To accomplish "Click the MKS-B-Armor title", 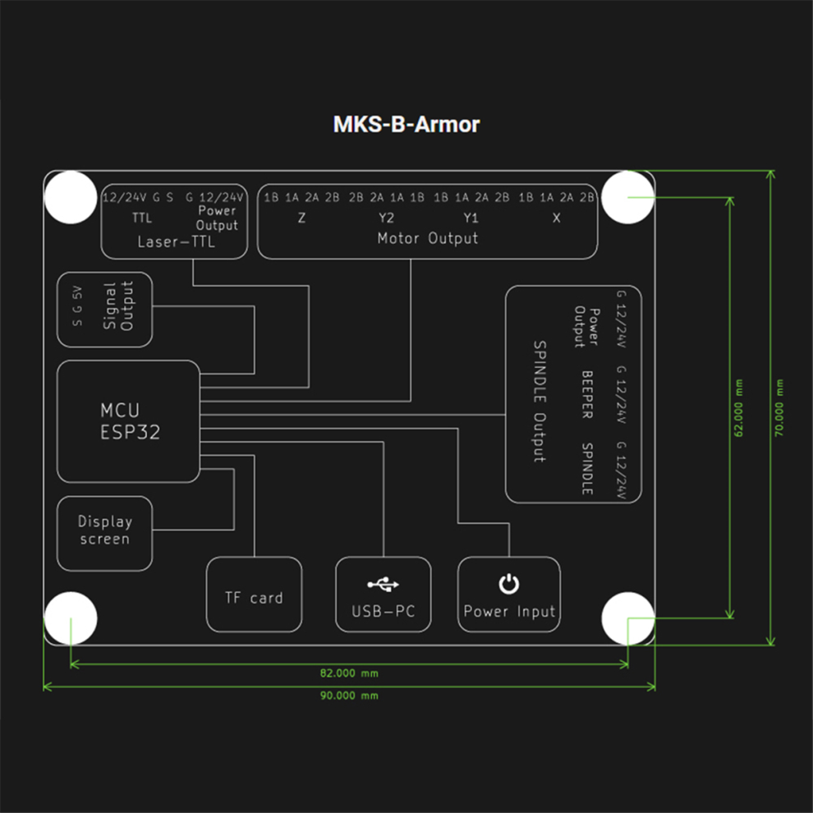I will (406, 125).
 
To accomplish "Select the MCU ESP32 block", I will (129, 420).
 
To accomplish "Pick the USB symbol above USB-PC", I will (383, 585).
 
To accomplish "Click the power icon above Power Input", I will (509, 584).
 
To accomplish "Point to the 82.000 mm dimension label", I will (349, 673).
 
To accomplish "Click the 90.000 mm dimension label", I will (349, 696).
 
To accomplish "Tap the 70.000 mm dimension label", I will (779, 408).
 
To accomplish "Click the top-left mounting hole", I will (70, 197).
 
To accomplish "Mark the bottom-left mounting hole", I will (70, 618).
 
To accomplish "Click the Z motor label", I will (302, 218).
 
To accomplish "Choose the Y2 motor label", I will (386, 218).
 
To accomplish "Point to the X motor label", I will (556, 218).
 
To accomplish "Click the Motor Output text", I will (427, 239).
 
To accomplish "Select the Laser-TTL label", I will (176, 242).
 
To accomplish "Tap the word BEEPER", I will (587, 394).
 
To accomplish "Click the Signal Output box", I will (105, 309).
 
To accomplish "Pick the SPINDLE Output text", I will (540, 402).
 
